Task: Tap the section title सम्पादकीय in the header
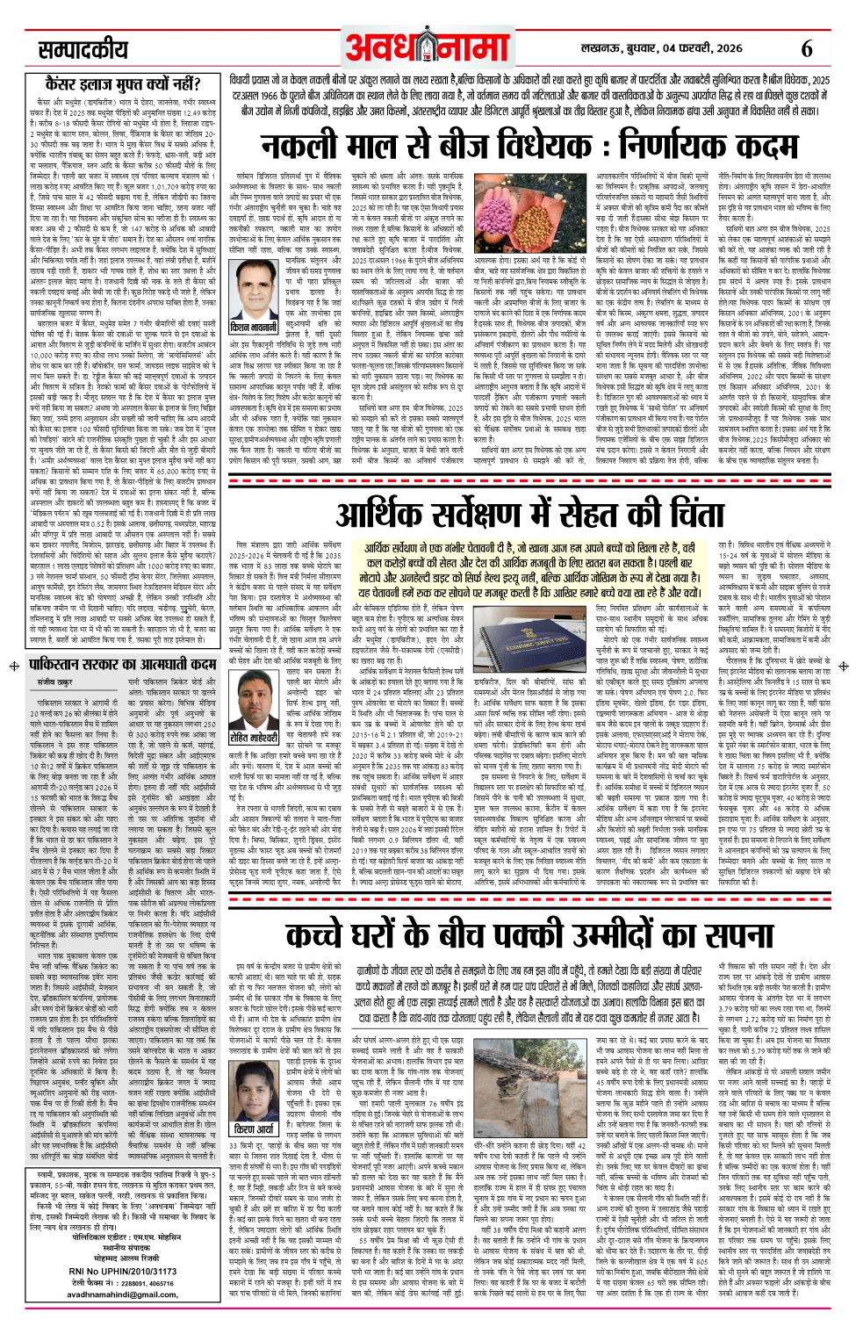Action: (83, 50)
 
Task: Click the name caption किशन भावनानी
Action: (253, 327)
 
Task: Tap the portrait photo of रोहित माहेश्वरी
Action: (253, 698)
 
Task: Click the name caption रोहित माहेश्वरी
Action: (253, 737)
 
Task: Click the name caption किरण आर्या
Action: (253, 1128)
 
